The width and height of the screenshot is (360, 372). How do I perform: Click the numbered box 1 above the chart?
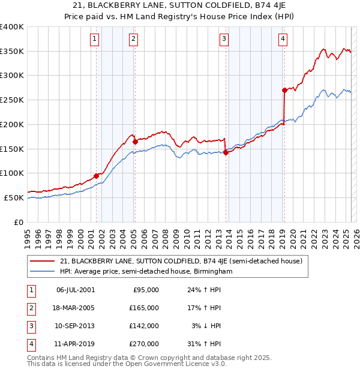point(95,40)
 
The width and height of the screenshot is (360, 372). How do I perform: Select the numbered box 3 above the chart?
point(223,40)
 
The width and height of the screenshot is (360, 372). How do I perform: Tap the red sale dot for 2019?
point(284,90)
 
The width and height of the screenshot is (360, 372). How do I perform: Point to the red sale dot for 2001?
point(96,176)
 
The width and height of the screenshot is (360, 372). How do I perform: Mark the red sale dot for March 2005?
point(135,142)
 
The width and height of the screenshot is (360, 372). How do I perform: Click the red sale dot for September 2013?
point(226,152)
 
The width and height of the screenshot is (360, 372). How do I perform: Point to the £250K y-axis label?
point(12,100)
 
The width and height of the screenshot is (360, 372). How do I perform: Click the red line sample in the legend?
point(43,261)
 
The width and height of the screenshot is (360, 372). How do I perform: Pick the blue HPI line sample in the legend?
point(43,271)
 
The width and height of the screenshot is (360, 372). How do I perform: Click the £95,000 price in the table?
point(145,290)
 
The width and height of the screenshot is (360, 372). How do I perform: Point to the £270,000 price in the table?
point(145,344)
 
